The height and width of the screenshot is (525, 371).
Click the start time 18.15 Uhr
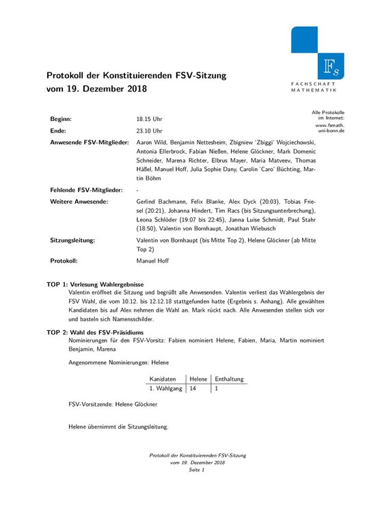coord(149,119)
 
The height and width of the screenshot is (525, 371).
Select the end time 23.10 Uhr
coord(149,131)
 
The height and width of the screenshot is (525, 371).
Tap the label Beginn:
coord(61,119)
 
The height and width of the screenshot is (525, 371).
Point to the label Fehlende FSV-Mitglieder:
coord(86,189)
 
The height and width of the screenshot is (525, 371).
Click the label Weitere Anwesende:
coord(78,202)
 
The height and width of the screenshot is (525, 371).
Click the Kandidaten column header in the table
coord(163,379)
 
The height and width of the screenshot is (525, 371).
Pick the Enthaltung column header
coord(229,379)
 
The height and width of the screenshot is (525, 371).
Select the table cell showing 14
coord(193,388)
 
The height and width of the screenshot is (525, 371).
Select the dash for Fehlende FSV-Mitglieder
coord(138,189)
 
